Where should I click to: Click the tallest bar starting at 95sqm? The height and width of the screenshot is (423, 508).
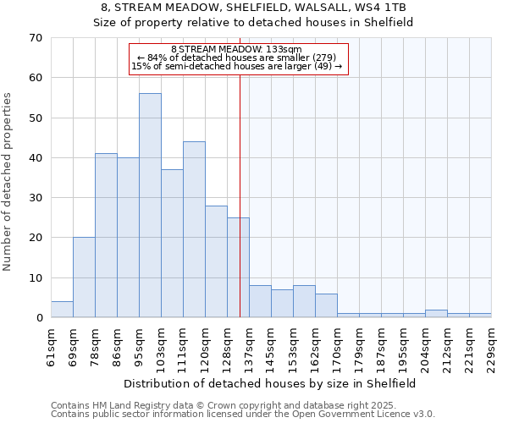coord(150,206)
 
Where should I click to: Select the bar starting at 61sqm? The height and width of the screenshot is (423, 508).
coord(62,310)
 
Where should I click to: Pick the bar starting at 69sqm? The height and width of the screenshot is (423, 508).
coord(84,277)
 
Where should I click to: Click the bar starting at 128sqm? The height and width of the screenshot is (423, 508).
coord(238,267)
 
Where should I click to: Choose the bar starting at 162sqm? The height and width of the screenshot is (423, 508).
coord(326,305)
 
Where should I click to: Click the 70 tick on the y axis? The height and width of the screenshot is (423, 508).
coord(35,38)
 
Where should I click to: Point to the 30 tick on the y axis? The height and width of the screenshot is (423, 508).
coord(35,198)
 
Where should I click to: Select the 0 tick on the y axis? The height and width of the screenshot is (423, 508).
coord(38,318)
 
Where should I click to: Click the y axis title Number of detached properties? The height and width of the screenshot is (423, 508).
coord(8,182)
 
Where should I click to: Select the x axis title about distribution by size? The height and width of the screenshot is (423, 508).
coord(270,383)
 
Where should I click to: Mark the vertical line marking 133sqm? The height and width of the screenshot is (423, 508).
coord(240,169)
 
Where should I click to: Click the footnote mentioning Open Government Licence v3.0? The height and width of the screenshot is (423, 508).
coord(242,415)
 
